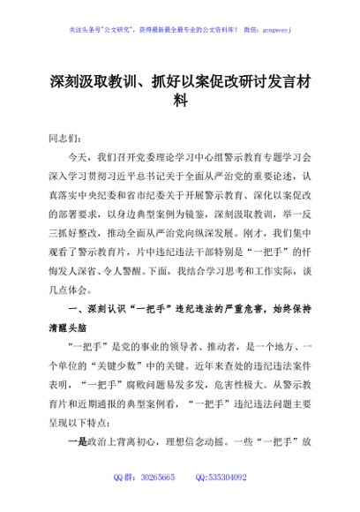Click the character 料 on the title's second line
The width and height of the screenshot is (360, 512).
pos(180,100)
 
